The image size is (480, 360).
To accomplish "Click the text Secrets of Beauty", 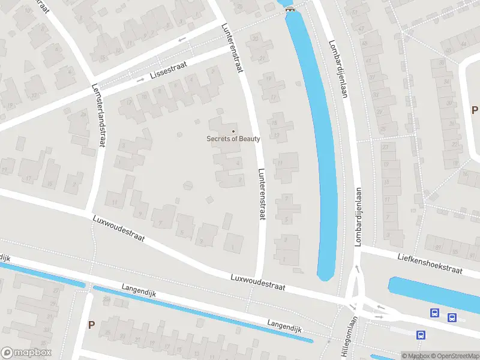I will click(x=233, y=139).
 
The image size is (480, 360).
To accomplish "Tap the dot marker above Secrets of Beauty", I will click(x=233, y=131).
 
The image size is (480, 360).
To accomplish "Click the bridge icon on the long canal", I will click(x=290, y=8).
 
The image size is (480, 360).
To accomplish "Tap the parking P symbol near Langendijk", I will click(x=91, y=325).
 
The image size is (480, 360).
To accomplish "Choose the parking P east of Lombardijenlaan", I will click(x=474, y=110).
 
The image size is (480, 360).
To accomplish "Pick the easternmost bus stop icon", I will click(x=452, y=317).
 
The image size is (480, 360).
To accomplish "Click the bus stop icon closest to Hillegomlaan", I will click(x=421, y=335).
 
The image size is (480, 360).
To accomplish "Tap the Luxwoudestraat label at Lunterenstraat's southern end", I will click(x=257, y=283).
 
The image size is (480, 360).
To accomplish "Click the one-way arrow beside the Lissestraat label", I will click(x=141, y=80).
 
